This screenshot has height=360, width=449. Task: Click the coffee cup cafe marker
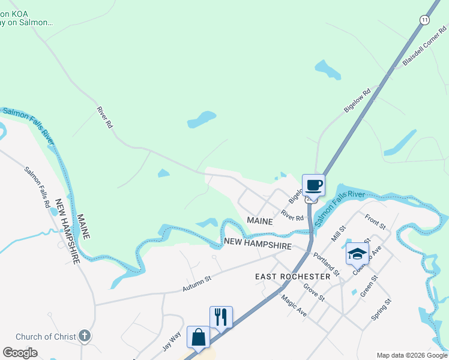pos(313,184)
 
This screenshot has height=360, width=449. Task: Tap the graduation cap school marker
pos(357,253)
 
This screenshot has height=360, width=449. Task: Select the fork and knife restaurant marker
pos(221,317)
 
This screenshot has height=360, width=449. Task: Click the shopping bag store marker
pos(198,337)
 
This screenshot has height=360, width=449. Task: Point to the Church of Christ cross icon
pos(85,336)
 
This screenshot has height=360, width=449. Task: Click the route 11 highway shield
pos(425,20)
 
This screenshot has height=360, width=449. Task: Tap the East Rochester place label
pos(292,277)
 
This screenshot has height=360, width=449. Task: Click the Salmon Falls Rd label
pos(37,187)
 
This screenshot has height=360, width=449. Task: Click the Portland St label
pos(327,264)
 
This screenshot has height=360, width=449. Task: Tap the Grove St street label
pos(313,293)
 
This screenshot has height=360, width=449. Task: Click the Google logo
pos(20,353)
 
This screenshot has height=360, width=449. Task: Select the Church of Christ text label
pos(46,337)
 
